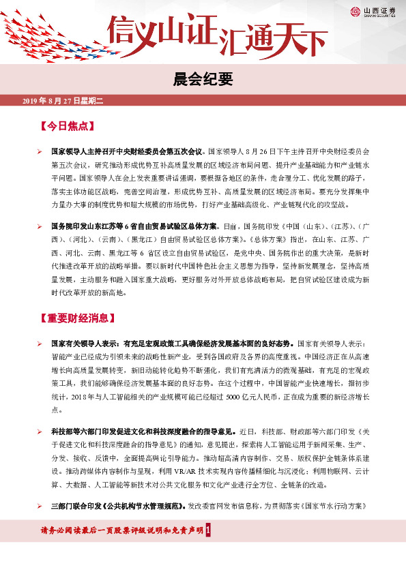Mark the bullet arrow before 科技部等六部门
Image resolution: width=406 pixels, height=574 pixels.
point(40,432)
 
